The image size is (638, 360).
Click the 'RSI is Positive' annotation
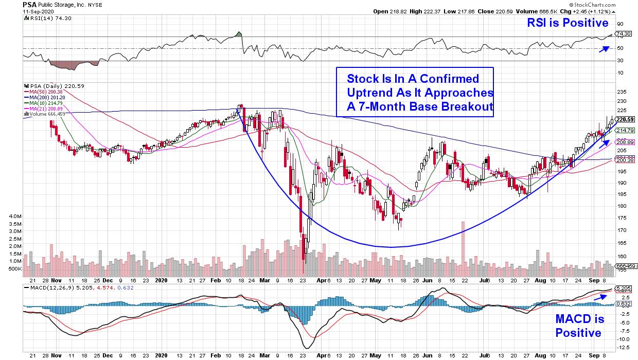click(568, 23)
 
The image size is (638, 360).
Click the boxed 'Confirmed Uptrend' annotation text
click(415, 94)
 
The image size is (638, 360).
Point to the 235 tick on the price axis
click(621, 92)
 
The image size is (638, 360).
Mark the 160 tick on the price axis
click(621, 256)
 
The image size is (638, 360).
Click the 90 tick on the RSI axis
click(620, 24)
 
